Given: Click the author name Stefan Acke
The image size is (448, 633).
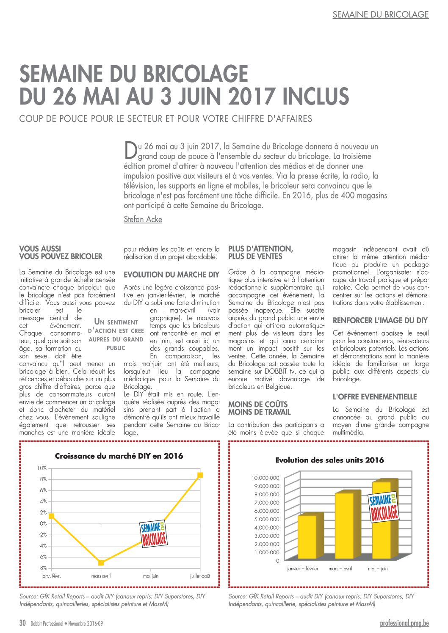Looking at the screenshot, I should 143,219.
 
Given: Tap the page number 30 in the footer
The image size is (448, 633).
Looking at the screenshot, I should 23,623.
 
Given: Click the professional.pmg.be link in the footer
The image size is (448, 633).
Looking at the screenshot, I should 404,623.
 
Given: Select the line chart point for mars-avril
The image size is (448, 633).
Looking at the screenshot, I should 101,563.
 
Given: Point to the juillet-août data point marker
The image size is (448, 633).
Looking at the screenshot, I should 200,475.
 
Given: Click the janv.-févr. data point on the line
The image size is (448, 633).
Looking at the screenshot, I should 51,516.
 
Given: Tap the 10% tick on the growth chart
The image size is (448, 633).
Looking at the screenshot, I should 41,468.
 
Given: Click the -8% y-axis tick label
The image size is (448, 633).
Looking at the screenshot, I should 42,568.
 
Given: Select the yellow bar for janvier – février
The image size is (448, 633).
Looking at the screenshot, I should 307,537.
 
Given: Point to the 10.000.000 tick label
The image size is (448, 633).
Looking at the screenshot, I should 265,478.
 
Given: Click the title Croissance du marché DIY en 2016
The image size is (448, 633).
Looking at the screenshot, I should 119,456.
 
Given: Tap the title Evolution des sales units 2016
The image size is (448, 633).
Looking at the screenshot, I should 329,460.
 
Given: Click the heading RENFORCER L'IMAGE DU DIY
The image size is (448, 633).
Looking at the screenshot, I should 380,321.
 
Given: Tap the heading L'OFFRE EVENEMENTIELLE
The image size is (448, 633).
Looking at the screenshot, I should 375,397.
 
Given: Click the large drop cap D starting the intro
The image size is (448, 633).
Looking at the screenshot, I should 130,149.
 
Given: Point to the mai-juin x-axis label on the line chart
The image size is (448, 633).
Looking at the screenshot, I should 151,576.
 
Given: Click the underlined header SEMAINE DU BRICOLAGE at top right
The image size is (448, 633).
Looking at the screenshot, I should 380,14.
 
